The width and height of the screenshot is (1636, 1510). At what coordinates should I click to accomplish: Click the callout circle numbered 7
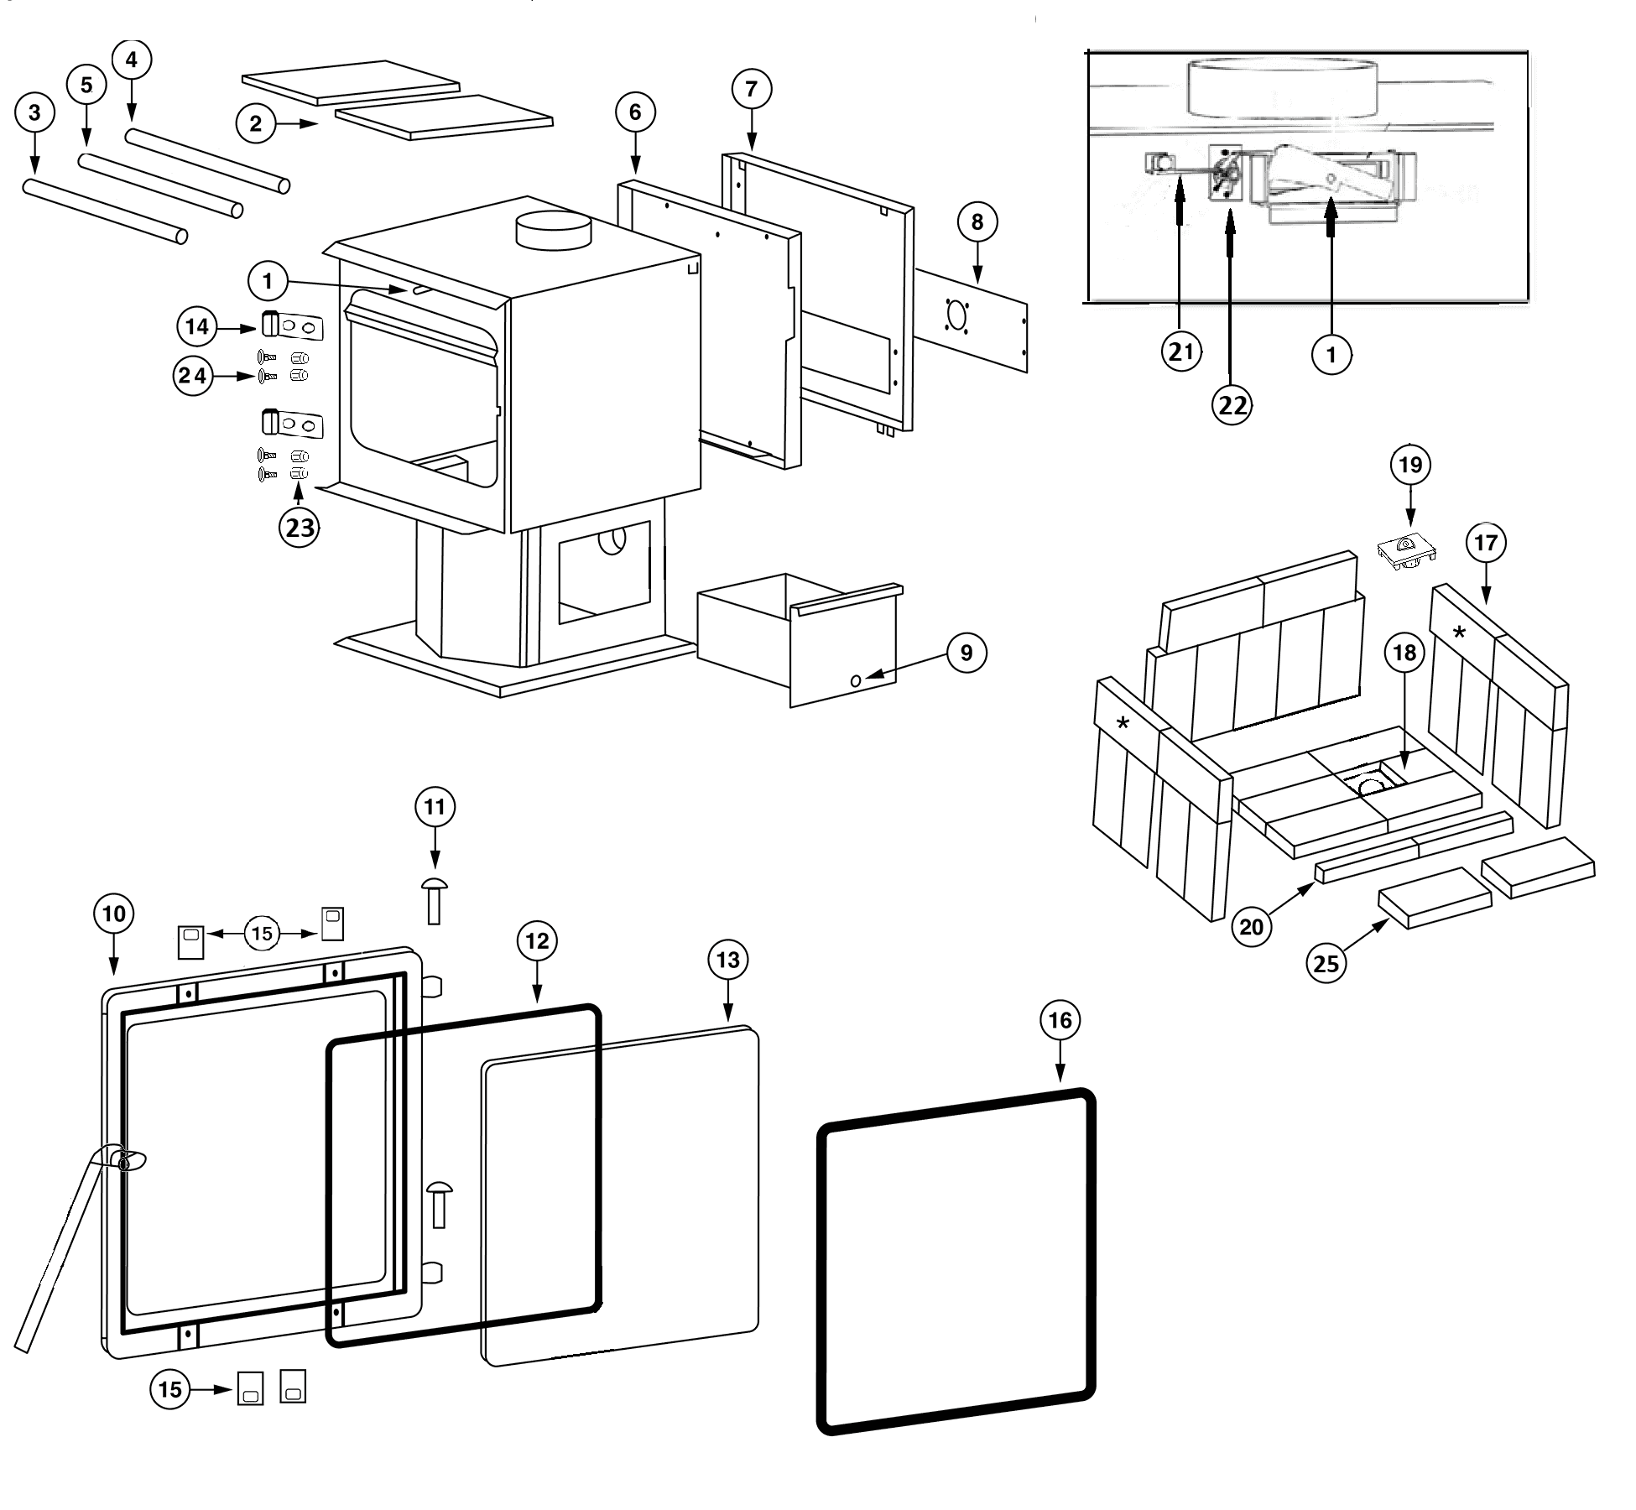tap(751, 88)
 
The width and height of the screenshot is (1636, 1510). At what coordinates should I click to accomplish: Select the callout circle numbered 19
tap(1410, 464)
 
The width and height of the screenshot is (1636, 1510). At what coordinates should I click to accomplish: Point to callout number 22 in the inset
tap(1232, 405)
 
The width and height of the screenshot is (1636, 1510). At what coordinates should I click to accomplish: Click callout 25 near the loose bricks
tap(1326, 962)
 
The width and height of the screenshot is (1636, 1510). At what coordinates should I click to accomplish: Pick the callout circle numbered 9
tap(966, 653)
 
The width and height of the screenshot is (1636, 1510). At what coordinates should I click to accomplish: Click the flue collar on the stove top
tap(553, 231)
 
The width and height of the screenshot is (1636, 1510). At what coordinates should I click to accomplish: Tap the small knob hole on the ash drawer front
tap(856, 681)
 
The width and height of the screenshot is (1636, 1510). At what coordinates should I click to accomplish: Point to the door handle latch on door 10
tap(126, 1162)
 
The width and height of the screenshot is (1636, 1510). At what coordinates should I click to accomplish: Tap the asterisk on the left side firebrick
tap(1123, 723)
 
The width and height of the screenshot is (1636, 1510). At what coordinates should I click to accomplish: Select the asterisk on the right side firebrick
tap(1459, 633)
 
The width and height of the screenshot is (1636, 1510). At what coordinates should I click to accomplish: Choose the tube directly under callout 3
tap(105, 210)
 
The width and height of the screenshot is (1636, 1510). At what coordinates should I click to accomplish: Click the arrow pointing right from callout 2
tap(297, 124)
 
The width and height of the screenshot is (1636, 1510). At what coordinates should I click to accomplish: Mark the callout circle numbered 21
tap(1180, 351)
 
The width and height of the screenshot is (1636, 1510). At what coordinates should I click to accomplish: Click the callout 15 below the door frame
tap(170, 1389)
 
